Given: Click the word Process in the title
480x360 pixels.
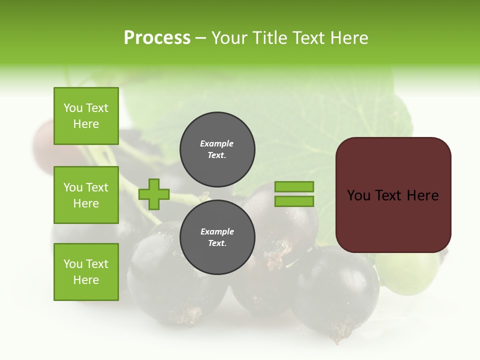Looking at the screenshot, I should coord(157,38).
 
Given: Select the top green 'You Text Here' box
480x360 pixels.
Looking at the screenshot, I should coord(86,116).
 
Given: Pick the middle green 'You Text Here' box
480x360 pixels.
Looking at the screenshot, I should coord(86,195).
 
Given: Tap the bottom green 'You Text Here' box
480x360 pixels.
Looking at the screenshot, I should coord(86,272).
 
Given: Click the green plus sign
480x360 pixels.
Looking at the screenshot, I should coord(154,194).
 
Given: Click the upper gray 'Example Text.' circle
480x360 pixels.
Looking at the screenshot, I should coord(217,149).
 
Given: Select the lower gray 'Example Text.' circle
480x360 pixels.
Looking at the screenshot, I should coord(217,237).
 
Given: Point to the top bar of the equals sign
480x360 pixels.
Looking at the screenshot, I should coord(294,186).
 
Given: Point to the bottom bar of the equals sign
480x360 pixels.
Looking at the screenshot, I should coord(294,201).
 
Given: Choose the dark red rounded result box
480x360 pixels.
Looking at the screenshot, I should coord(393,195).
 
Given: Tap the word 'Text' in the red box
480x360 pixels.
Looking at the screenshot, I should coord(390,195).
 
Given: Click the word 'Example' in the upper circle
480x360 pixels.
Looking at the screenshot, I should coord(217,143).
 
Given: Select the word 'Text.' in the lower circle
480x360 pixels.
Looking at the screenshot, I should coord(217,243).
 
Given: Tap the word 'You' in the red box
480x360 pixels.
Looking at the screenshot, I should coord(358,195).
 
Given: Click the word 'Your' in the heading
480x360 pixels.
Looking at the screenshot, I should coord(230,38).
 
